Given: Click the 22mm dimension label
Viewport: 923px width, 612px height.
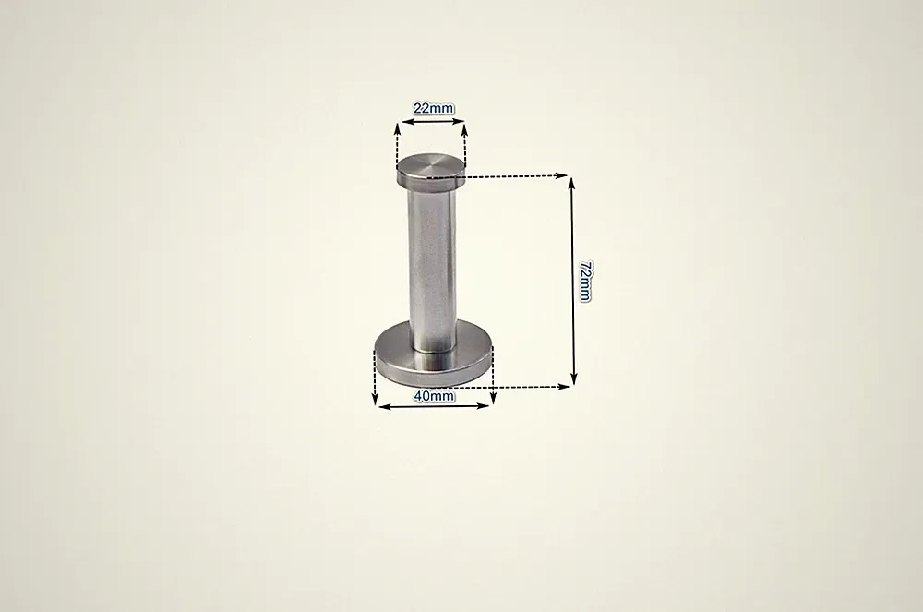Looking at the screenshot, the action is pos(434,108).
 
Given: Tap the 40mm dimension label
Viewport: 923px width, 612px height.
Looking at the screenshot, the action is pos(434,396).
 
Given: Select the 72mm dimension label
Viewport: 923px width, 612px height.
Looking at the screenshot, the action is pos(584,282).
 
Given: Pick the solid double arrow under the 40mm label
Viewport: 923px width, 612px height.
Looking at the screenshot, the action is pos(434,406).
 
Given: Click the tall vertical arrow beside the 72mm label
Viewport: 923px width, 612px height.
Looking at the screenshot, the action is pos(573,282).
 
